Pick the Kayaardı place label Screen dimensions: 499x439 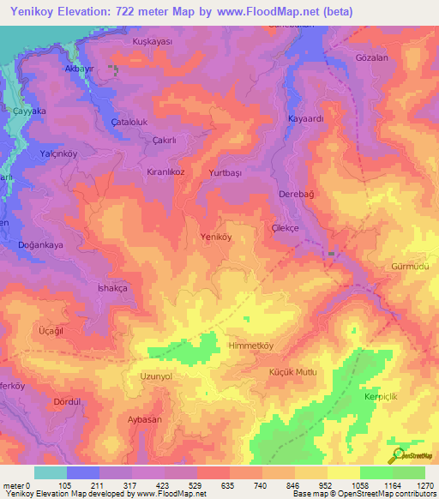pyautogui.click(x=305, y=119)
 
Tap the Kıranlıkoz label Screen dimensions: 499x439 pyautogui.click(x=167, y=171)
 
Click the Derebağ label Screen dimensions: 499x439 pyautogui.click(x=298, y=195)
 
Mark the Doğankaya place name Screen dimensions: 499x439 pyautogui.click(x=42, y=244)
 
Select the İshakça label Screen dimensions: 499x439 pyautogui.click(x=112, y=289)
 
